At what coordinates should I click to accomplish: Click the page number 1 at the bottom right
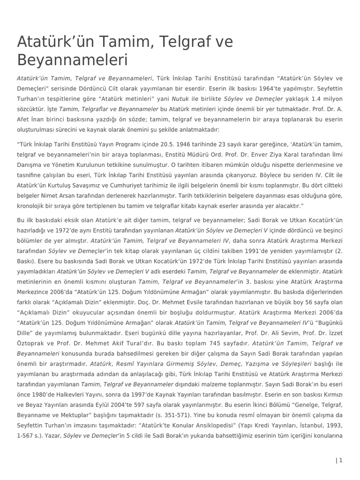point(341,460)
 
